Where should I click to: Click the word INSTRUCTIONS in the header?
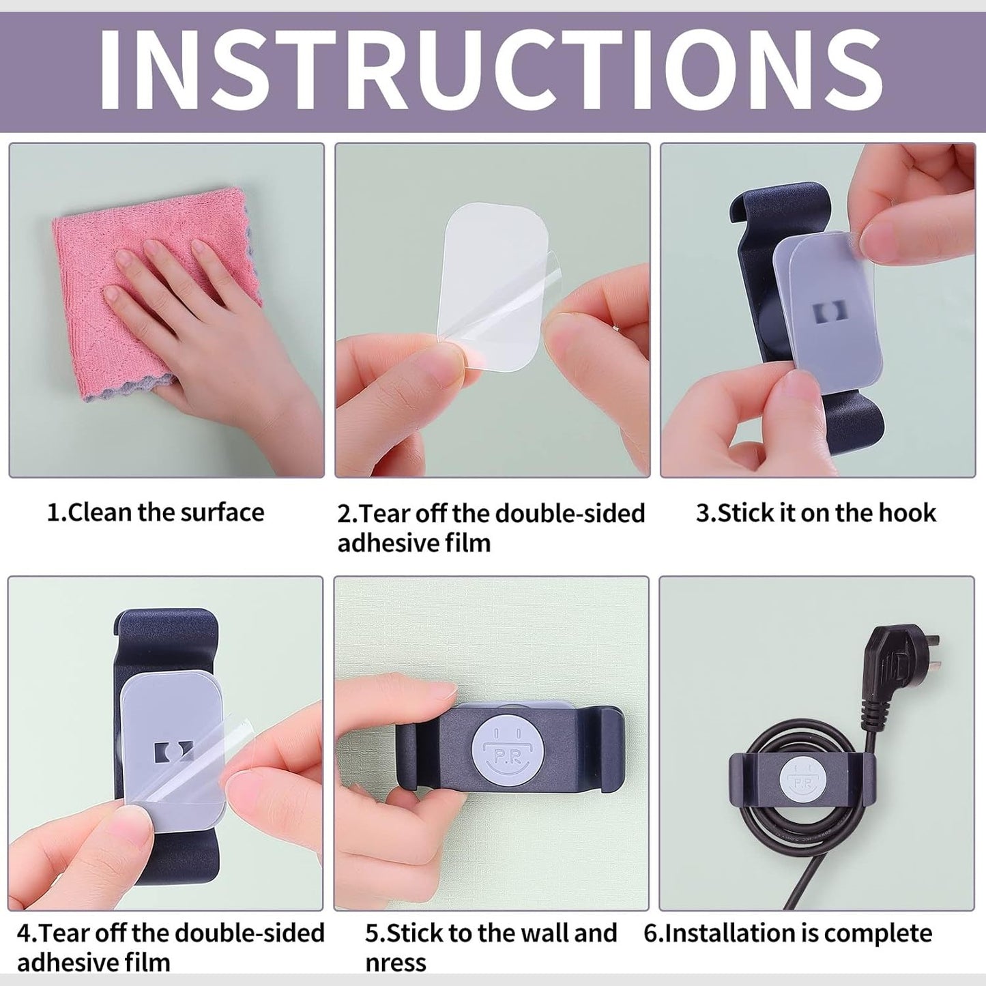(491, 70)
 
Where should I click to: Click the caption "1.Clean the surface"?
(156, 512)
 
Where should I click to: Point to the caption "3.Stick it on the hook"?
(816, 512)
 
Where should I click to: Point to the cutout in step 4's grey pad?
(174, 751)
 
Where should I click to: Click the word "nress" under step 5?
(396, 964)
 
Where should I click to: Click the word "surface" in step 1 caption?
(223, 512)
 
